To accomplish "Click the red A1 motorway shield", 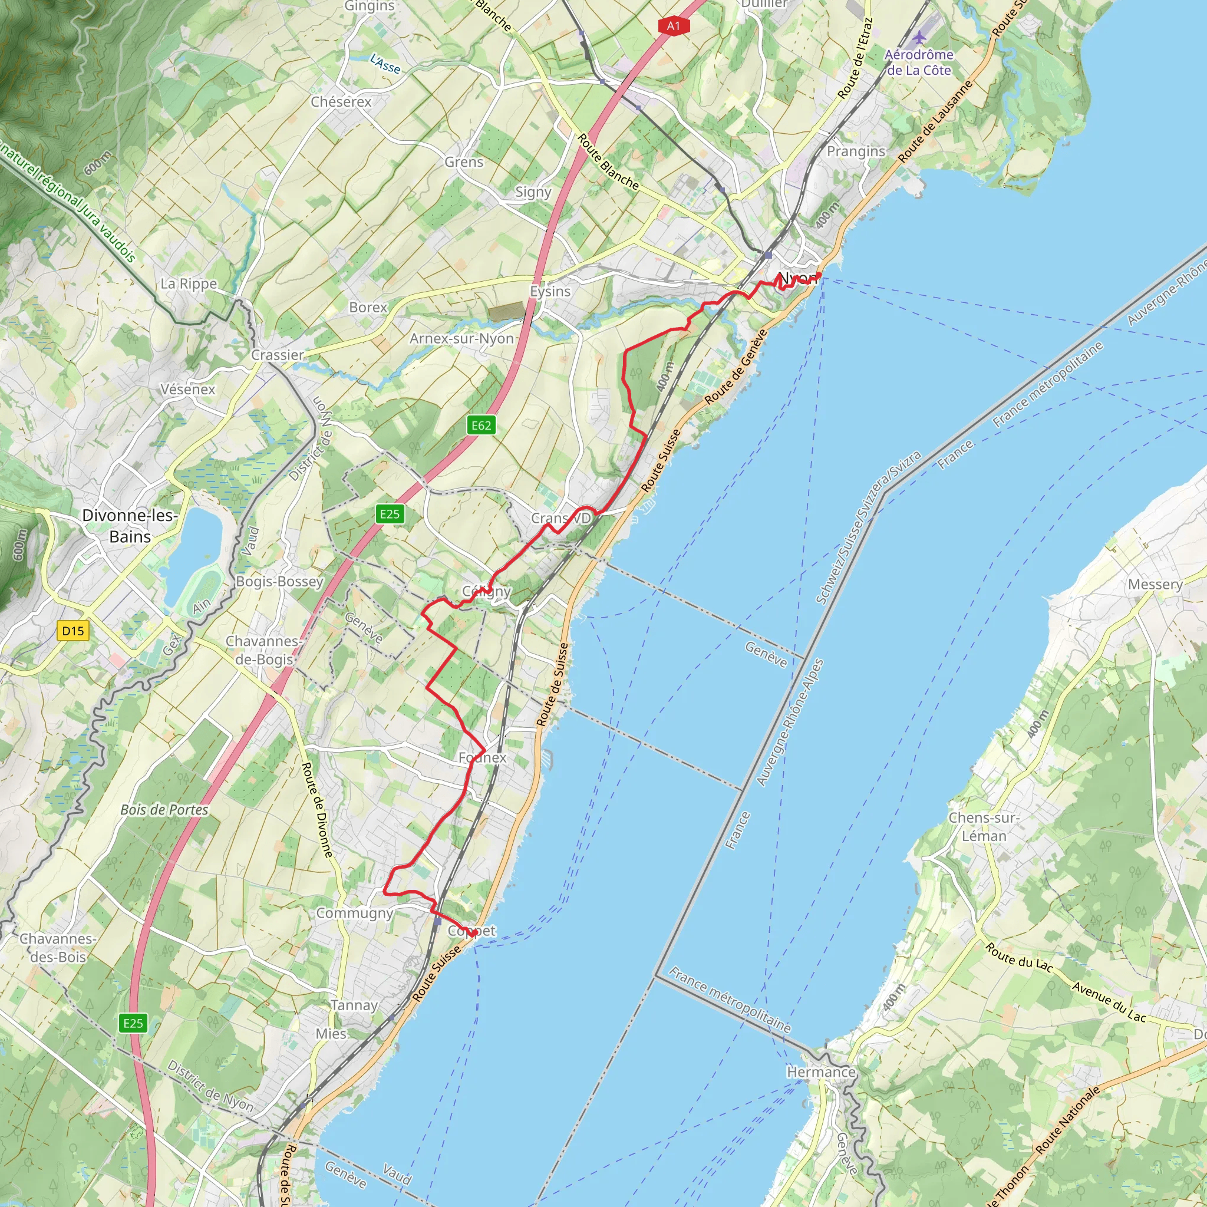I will pyautogui.click(x=673, y=25).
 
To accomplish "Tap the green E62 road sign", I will pyautogui.click(x=481, y=426).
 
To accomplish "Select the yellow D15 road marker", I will pyautogui.click(x=73, y=631).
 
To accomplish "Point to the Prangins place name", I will pyautogui.click(x=856, y=151).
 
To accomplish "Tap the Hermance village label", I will pyautogui.click(x=821, y=1072).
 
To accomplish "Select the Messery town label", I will pyautogui.click(x=1155, y=584).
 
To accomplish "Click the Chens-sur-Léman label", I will pyautogui.click(x=984, y=826).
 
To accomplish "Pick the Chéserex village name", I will pyautogui.click(x=341, y=102).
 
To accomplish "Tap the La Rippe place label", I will pyautogui.click(x=189, y=283).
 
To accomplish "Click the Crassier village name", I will pyautogui.click(x=278, y=355).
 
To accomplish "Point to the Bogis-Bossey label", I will pyautogui.click(x=279, y=581).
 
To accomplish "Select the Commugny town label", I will pyautogui.click(x=354, y=913).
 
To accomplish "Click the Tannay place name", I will pyautogui.click(x=354, y=1005).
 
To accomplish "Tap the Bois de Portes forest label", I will pyautogui.click(x=164, y=810).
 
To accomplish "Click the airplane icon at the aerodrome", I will pyautogui.click(x=919, y=38).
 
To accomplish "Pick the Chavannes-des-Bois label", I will pyautogui.click(x=58, y=948).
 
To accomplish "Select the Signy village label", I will pyautogui.click(x=533, y=192).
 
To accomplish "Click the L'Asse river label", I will pyautogui.click(x=385, y=63).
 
